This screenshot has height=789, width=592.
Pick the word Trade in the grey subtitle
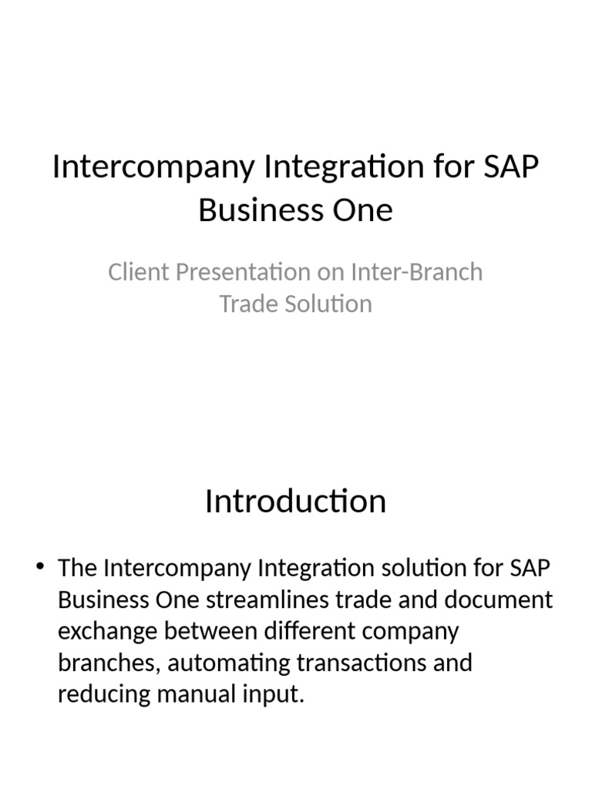[x=247, y=304]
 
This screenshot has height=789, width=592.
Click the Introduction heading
[x=295, y=502]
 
